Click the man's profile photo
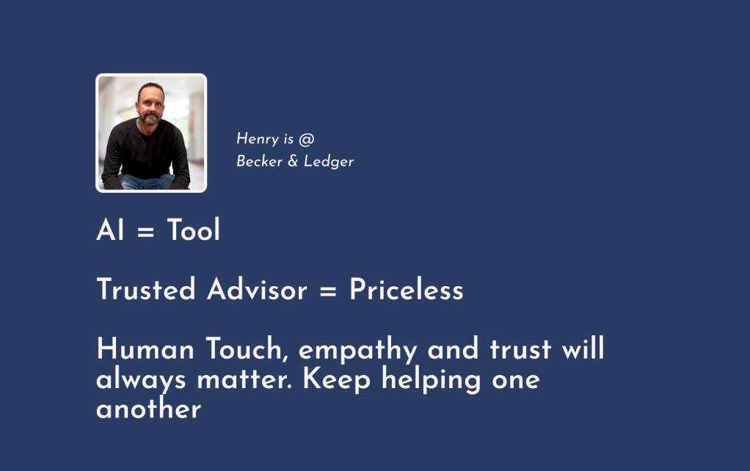tap(151, 133)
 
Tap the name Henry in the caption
tap(258, 139)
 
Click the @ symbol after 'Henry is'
tap(307, 139)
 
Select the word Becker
tap(259, 161)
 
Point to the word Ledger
tap(329, 161)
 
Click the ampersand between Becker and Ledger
tap(293, 161)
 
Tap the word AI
tap(110, 230)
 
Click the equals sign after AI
tap(145, 232)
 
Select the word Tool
tap(193, 230)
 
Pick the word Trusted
tap(146, 289)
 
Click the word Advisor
tap(257, 289)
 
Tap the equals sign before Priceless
tap(327, 291)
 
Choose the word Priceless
tap(406, 289)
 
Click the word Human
tap(145, 348)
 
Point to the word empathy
tap(358, 350)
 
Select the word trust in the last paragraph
tap(520, 349)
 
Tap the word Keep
tap(337, 380)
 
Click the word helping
tap(431, 380)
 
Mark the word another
tap(149, 409)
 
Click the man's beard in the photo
tap(150, 119)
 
